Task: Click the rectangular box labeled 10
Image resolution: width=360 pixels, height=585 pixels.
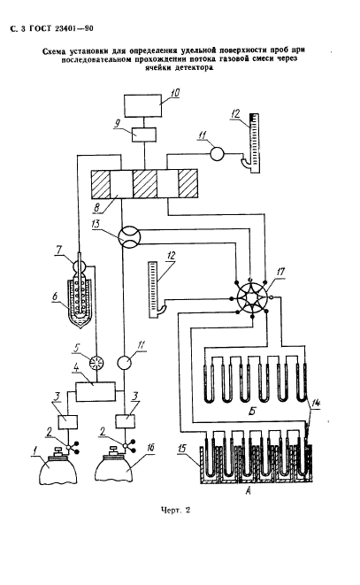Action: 143,105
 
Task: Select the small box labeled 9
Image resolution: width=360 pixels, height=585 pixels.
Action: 144,135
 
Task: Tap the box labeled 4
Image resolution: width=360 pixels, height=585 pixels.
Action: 96,391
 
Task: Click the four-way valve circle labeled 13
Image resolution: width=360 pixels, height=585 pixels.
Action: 129,236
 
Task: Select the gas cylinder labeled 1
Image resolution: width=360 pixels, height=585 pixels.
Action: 57,466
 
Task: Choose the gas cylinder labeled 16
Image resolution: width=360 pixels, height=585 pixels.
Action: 115,466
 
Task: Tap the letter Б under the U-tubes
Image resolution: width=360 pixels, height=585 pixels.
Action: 253,412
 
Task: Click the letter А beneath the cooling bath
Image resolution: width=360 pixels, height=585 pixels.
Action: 248,492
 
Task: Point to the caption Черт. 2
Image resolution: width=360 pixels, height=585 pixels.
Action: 175,510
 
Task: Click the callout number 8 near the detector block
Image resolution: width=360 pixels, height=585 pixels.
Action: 96,207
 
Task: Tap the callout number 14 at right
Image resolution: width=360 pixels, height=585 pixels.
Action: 316,404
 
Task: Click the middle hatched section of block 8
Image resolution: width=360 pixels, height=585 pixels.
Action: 145,184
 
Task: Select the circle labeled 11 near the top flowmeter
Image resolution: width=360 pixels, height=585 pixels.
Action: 217,153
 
